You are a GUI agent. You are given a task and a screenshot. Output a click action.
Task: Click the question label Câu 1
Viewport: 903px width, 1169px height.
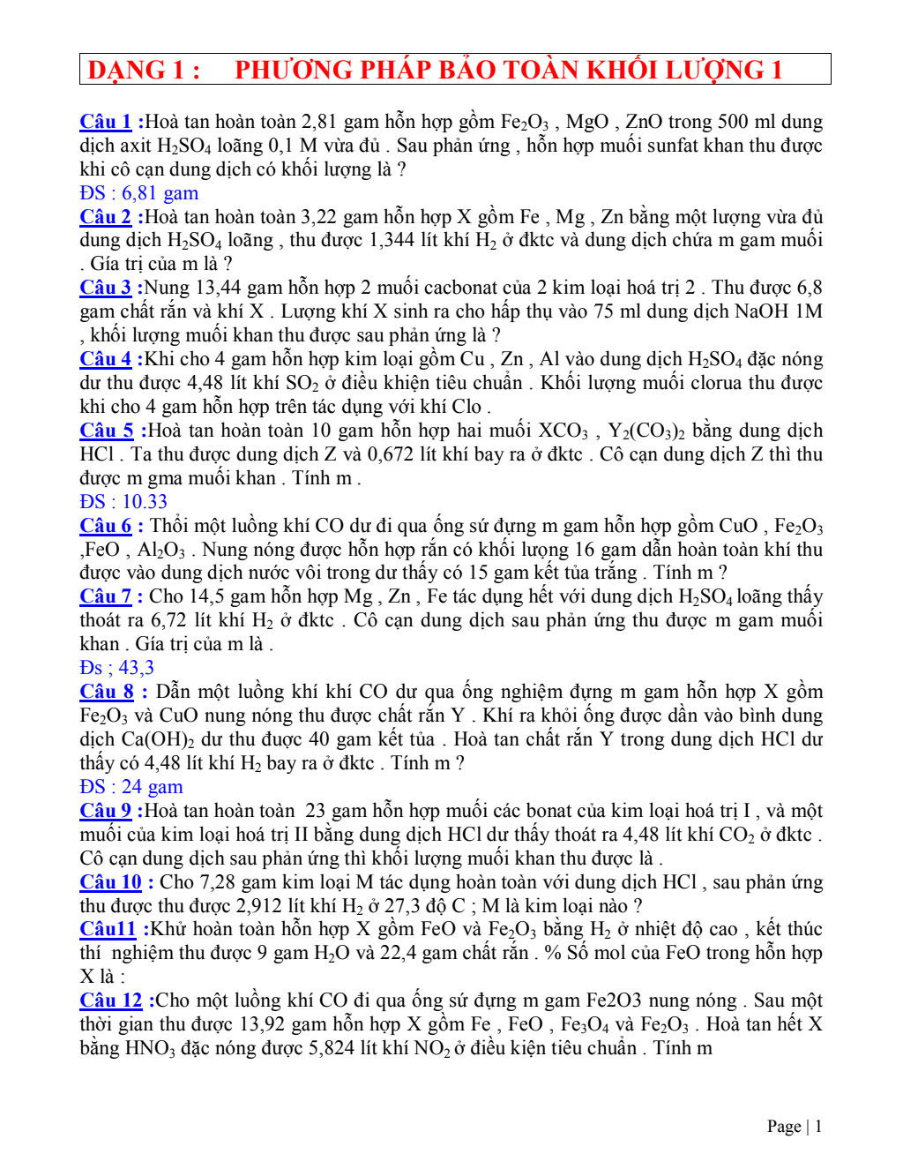(106, 122)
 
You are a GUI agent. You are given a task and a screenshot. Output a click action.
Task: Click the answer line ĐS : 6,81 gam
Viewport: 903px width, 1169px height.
(138, 193)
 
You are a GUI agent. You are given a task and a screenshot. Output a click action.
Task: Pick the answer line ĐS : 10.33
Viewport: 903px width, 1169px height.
(123, 502)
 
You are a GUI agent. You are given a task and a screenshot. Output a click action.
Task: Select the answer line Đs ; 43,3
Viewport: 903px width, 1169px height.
(116, 668)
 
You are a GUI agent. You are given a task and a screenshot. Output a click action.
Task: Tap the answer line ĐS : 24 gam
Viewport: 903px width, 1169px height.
(131, 787)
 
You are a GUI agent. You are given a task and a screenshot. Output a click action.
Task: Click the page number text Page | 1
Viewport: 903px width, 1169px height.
(795, 1126)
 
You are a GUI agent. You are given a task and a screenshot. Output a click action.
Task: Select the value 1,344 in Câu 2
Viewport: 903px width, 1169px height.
(395, 240)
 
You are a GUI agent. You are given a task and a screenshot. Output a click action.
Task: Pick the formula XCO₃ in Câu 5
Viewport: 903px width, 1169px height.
(563, 431)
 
